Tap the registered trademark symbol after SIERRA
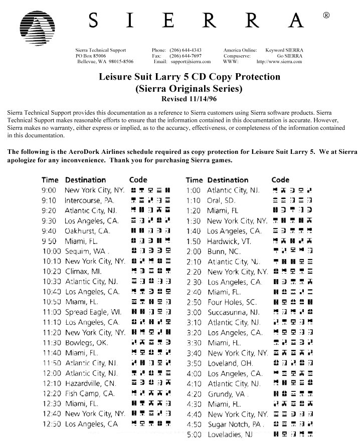click(326, 16)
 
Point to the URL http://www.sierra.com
click(279, 62)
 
